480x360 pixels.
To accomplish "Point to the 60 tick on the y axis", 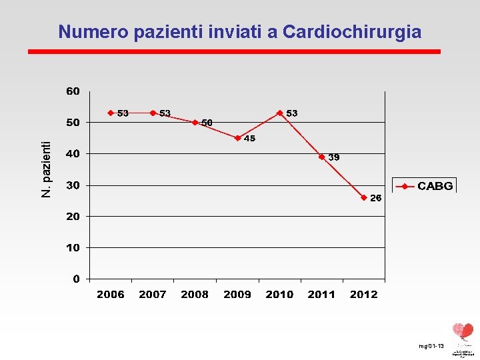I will [73, 91].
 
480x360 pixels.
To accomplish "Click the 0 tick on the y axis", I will [77, 279].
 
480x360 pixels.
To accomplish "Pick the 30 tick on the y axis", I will [73, 185].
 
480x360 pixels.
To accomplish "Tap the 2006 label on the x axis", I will [111, 295].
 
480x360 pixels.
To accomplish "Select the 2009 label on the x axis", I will [237, 295].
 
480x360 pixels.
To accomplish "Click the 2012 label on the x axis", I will [363, 295].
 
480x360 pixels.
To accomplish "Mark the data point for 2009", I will [237, 138].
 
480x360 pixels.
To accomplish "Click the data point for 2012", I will [364, 197].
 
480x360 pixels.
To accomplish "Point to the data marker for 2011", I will [321, 157].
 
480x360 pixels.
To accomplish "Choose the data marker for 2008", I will [195, 122].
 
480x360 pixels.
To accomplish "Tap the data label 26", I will [376, 198].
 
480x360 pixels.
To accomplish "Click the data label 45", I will [249, 139].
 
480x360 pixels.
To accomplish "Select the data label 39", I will [334, 157].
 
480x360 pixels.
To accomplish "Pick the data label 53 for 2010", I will [292, 113].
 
